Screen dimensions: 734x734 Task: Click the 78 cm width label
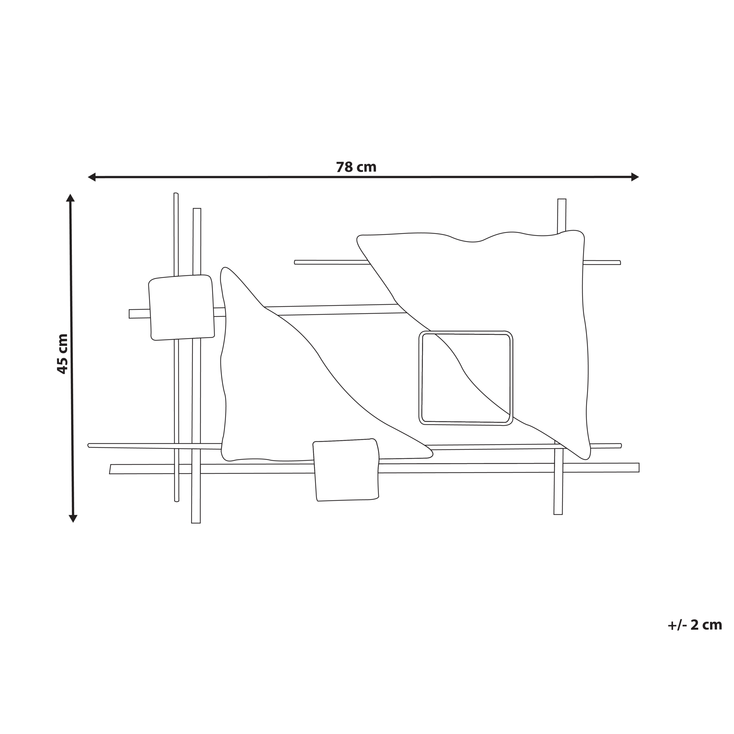pos(356,167)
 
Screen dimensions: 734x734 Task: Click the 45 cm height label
pos(62,354)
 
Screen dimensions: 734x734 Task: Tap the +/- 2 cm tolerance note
pos(694,625)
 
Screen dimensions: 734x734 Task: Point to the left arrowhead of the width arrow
pos(91,177)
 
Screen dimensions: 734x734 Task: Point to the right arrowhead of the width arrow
pos(635,177)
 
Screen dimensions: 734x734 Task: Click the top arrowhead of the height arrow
pos(70,198)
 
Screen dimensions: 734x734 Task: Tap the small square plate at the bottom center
pos(346,470)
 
